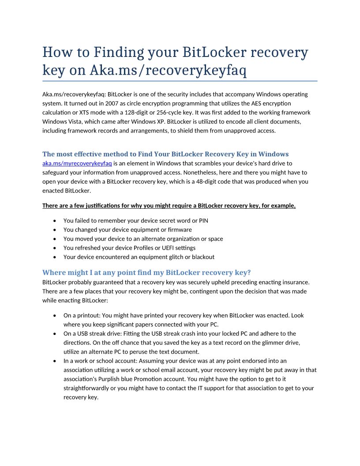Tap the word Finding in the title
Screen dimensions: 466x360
coord(120,53)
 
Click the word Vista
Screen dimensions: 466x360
coord(77,121)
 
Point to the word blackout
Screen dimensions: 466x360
coord(203,257)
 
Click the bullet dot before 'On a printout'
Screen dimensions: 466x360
coord(54,316)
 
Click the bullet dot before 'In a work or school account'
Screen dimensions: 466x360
coord(54,361)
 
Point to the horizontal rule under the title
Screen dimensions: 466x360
coord(180,81)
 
